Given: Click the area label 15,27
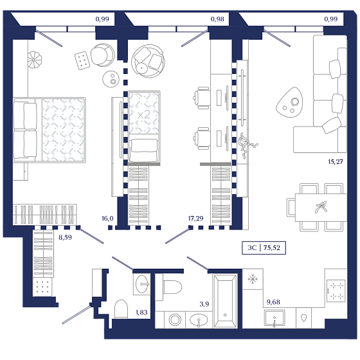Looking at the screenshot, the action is [336, 162].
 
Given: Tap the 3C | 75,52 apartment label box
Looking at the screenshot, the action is [264, 248].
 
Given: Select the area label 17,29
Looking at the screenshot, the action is [195, 219].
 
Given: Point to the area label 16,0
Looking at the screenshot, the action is [107, 219].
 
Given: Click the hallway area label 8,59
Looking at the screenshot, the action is [65, 237].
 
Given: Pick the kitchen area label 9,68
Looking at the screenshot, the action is [273, 302].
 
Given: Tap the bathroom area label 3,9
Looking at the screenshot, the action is [204, 304].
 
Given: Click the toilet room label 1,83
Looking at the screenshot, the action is [141, 312].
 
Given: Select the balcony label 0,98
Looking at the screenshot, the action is [217, 19].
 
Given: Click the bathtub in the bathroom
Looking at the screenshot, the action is [225, 301].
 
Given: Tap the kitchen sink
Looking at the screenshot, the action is [274, 318].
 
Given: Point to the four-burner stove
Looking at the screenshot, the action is [336, 291].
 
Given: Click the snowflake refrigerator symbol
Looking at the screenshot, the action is [253, 279].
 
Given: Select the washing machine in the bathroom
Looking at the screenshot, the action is [175, 319].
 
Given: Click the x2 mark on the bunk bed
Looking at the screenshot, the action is [144, 114].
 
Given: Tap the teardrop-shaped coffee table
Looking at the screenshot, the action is [290, 102].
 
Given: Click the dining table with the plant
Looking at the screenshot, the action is [321, 207].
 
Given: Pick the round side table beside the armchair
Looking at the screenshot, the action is [111, 78].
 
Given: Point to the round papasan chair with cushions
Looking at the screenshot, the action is [148, 61].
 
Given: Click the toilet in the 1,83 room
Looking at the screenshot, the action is [121, 309].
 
